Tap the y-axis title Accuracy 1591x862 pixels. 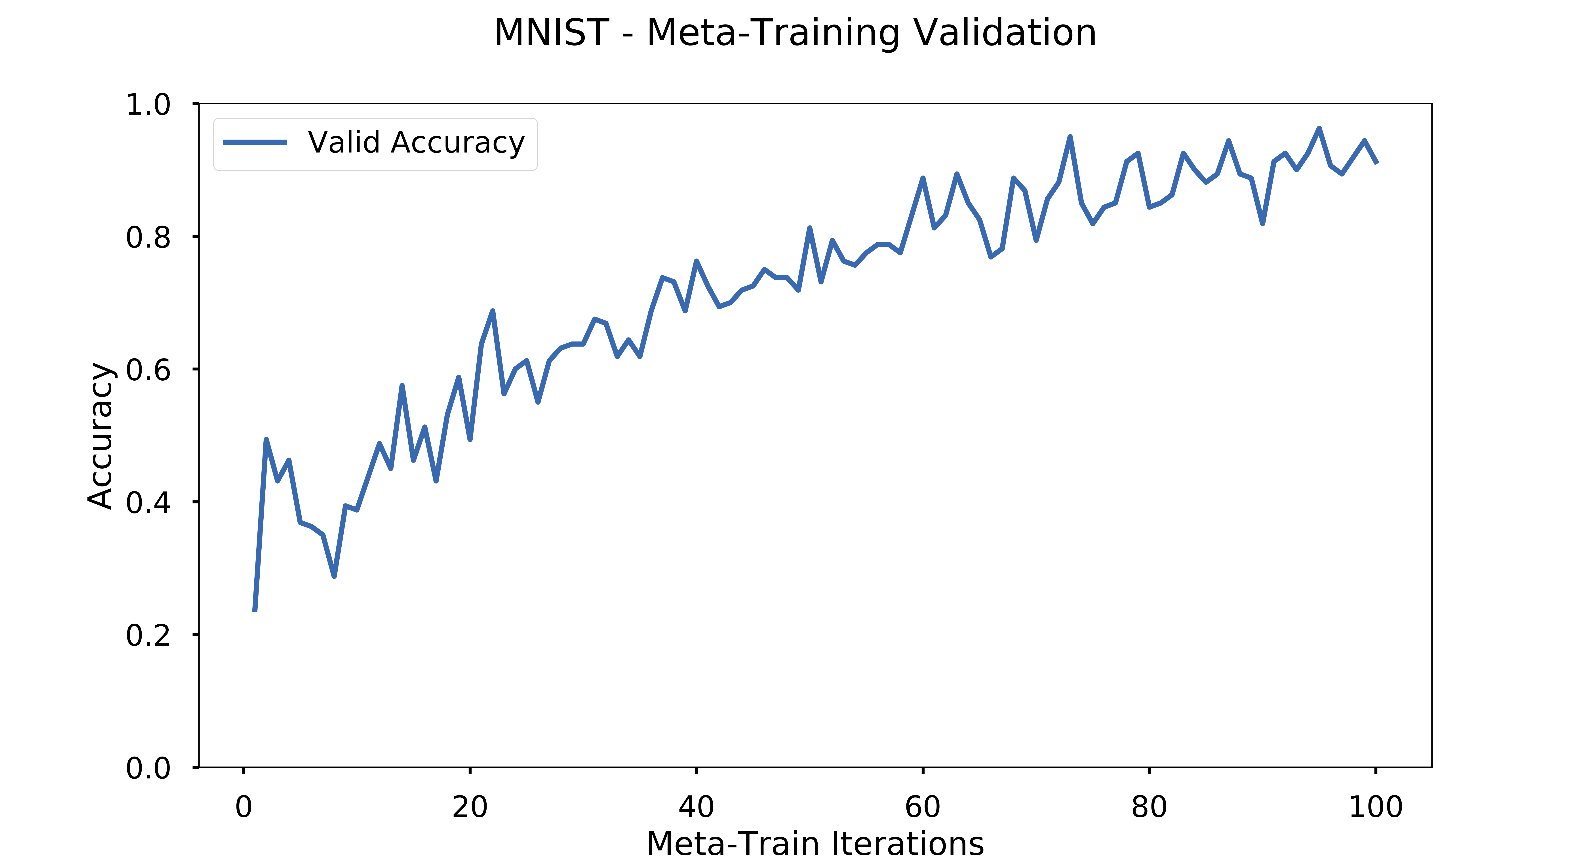point(100,436)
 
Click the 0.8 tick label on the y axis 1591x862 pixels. point(148,237)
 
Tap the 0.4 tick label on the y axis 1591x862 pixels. point(148,502)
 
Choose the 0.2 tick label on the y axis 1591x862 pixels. point(148,635)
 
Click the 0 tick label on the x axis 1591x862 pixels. point(244,807)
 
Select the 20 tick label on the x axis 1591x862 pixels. point(470,807)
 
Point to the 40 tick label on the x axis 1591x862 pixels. point(696,807)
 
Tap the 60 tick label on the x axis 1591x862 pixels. point(923,807)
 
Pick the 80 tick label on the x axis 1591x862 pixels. point(1149,807)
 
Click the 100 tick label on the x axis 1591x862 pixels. point(1376,807)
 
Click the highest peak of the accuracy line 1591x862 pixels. point(1319,129)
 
